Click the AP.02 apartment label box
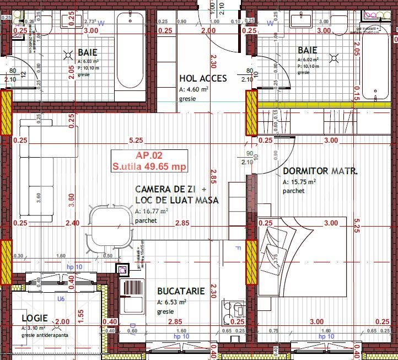point(149,161)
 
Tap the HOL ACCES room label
point(202,78)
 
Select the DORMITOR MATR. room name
point(320,171)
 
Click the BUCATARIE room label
point(181,291)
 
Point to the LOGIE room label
point(34,319)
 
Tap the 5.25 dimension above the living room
point(136,141)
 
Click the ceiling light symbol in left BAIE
point(68,55)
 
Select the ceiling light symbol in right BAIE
point(334,57)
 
